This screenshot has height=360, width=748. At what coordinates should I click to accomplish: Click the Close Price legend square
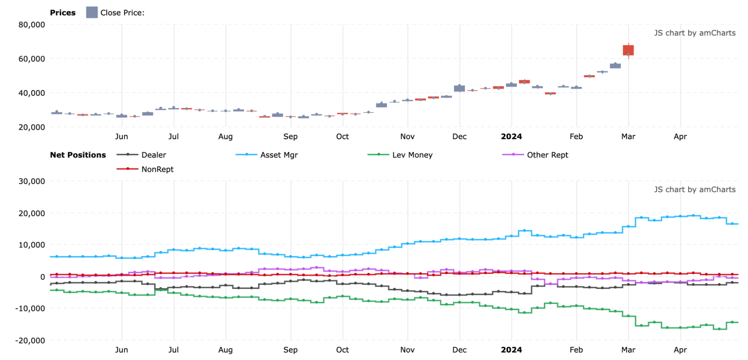click(92, 12)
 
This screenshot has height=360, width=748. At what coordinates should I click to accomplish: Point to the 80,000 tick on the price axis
click(32, 25)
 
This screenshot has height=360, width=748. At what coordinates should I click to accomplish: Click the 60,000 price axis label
click(32, 59)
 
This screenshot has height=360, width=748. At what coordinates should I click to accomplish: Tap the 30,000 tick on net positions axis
click(32, 181)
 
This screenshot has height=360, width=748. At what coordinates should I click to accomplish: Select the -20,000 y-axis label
click(30, 341)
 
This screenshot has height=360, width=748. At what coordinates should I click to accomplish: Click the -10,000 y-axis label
click(30, 308)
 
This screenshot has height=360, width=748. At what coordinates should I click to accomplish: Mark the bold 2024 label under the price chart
click(511, 137)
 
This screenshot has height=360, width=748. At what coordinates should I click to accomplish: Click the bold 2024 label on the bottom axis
click(511, 350)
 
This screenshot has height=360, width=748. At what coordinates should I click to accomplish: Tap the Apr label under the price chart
click(680, 137)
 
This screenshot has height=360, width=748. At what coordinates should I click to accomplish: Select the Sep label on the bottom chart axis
click(290, 350)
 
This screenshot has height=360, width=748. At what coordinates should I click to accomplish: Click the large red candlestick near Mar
click(628, 50)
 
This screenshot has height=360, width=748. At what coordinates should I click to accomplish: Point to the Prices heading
click(63, 13)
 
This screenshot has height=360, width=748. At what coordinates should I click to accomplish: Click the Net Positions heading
click(78, 155)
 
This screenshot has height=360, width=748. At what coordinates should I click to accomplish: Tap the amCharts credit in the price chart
click(694, 33)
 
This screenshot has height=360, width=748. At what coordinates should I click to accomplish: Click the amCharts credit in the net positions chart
click(694, 190)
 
